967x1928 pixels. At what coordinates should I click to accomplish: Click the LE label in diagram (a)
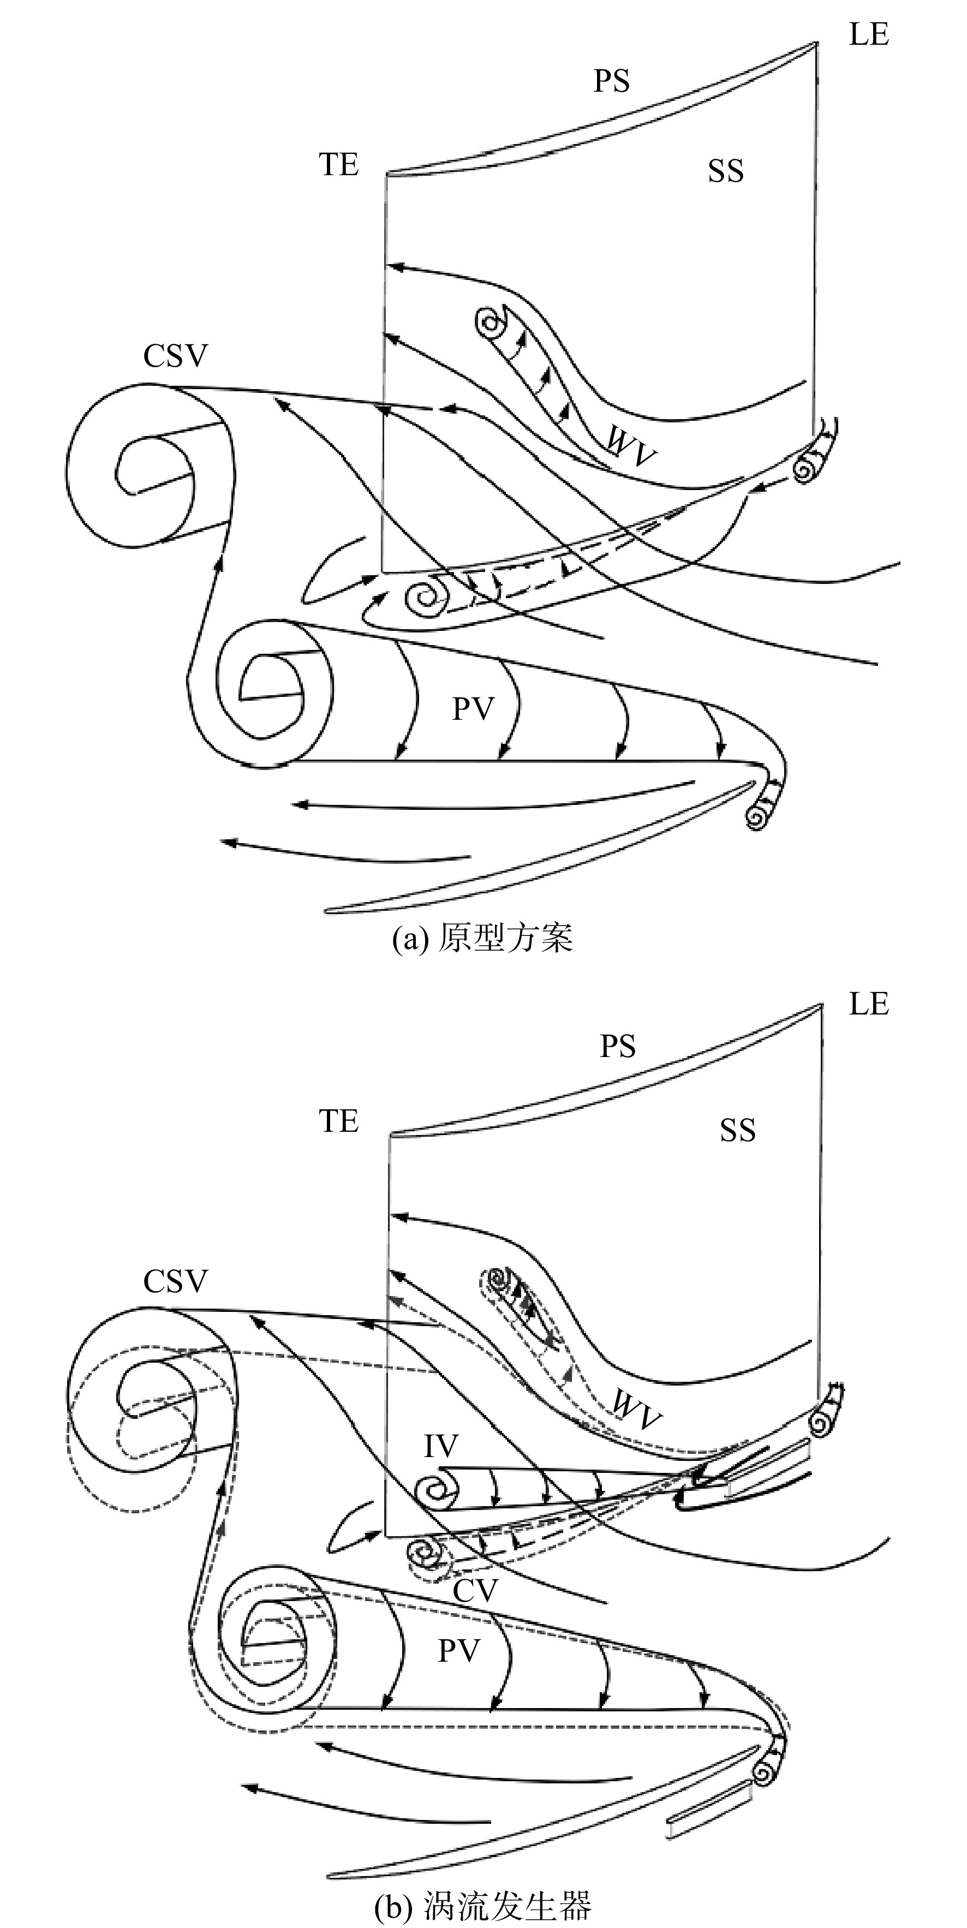click(869, 34)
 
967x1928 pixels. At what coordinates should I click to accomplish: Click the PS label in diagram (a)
click(612, 81)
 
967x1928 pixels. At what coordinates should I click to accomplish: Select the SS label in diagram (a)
click(726, 171)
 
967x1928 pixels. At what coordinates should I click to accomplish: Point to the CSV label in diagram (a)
click(175, 356)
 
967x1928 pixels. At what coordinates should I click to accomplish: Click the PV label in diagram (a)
click(473, 708)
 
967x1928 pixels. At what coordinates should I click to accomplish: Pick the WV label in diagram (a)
click(630, 445)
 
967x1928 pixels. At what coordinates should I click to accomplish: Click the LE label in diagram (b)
click(869, 1004)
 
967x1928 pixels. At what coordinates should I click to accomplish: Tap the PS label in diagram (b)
click(618, 1046)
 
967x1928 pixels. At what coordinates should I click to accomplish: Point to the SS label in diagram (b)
click(738, 1130)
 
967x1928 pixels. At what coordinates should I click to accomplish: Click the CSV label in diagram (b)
click(175, 1281)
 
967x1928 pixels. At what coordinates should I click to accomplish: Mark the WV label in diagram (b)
click(636, 1410)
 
